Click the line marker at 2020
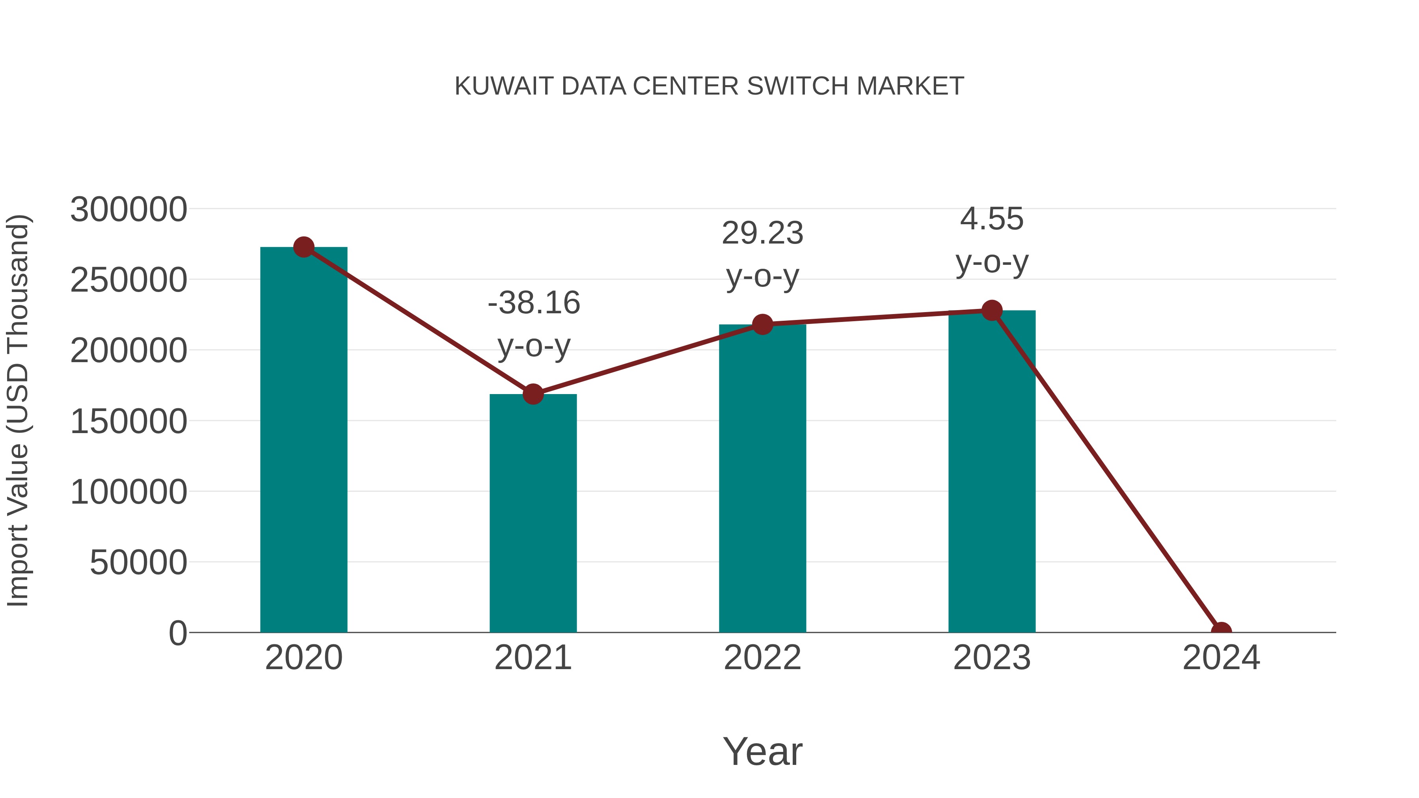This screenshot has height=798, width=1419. [x=304, y=247]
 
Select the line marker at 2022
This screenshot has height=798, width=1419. [x=762, y=324]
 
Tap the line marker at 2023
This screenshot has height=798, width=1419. [x=992, y=311]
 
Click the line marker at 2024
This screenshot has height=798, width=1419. [x=1221, y=631]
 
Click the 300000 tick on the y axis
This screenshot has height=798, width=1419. [x=128, y=210]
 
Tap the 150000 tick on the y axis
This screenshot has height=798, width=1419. [x=128, y=422]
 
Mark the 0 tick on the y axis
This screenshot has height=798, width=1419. [x=177, y=633]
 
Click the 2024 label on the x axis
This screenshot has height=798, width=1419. [x=1221, y=658]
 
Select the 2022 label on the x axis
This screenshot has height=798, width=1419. [x=762, y=658]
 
